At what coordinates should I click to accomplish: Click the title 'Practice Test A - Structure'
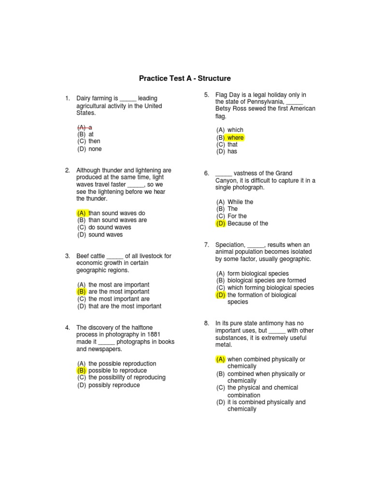(185, 78)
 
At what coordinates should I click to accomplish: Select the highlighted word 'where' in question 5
(236, 137)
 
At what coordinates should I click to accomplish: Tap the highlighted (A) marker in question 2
(82, 213)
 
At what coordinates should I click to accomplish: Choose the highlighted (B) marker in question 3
(82, 292)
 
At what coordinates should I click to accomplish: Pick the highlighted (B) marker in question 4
(82, 370)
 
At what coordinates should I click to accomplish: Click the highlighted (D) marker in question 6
(221, 223)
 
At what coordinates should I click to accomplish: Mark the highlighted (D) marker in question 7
(221, 295)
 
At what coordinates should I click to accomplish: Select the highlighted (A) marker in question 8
(221, 359)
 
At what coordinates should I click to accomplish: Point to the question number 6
(207, 174)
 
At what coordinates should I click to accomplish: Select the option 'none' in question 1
(95, 149)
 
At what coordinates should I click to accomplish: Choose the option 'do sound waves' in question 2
(110, 227)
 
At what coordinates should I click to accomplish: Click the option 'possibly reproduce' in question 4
(114, 385)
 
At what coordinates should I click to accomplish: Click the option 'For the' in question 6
(237, 216)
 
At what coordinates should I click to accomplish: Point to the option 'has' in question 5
(232, 151)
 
